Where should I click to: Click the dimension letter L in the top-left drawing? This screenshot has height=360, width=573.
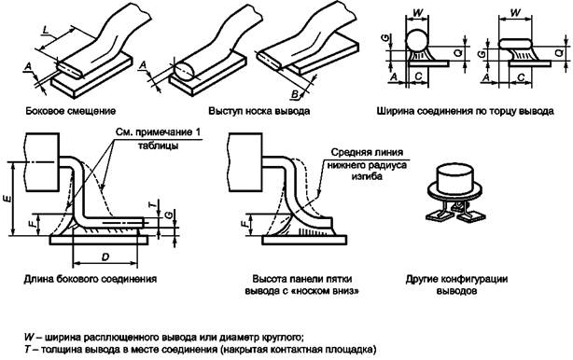(x=46, y=30)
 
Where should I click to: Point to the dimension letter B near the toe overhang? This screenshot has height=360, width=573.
(x=295, y=94)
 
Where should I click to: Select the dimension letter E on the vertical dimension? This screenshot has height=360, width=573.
(x=8, y=199)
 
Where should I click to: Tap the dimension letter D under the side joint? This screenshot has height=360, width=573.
(x=105, y=257)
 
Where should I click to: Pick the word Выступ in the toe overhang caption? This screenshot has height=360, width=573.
(x=224, y=111)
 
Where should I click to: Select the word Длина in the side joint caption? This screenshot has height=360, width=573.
(x=38, y=279)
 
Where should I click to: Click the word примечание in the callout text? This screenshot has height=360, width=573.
(x=163, y=132)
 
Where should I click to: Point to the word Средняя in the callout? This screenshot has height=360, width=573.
(x=349, y=152)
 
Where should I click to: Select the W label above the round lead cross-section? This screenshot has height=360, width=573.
(x=417, y=13)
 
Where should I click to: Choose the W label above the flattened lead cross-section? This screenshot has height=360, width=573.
(x=515, y=13)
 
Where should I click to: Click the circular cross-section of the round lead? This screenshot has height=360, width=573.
(x=417, y=40)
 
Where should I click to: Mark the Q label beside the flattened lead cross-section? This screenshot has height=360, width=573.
(x=560, y=53)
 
